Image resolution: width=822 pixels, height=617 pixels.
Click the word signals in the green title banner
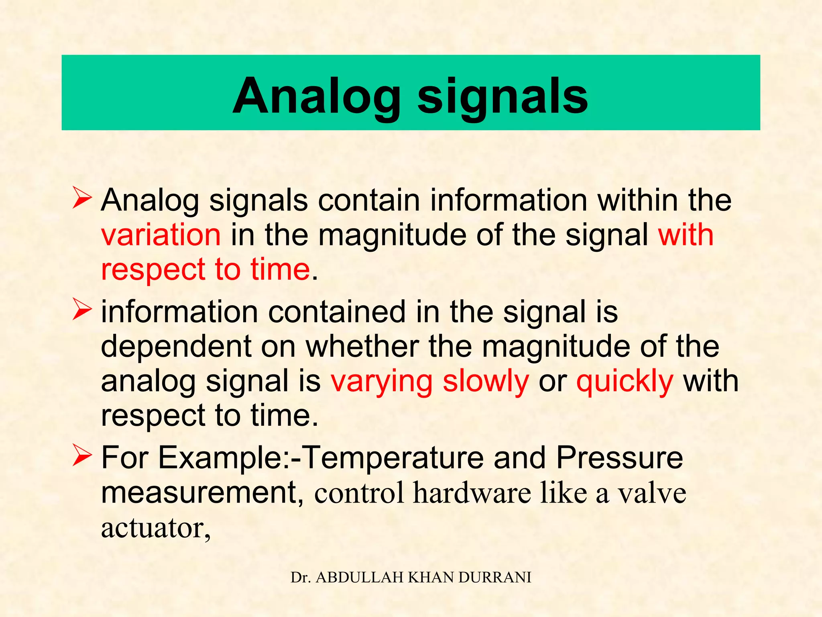[503, 96]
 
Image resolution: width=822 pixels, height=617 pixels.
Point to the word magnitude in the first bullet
[392, 236]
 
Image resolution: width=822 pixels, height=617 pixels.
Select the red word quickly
[625, 382]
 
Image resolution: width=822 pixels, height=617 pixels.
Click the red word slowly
[486, 382]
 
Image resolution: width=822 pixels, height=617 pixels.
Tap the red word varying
[382, 382]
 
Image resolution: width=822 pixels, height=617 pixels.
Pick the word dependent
[176, 346]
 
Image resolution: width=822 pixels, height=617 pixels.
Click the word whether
[362, 346]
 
